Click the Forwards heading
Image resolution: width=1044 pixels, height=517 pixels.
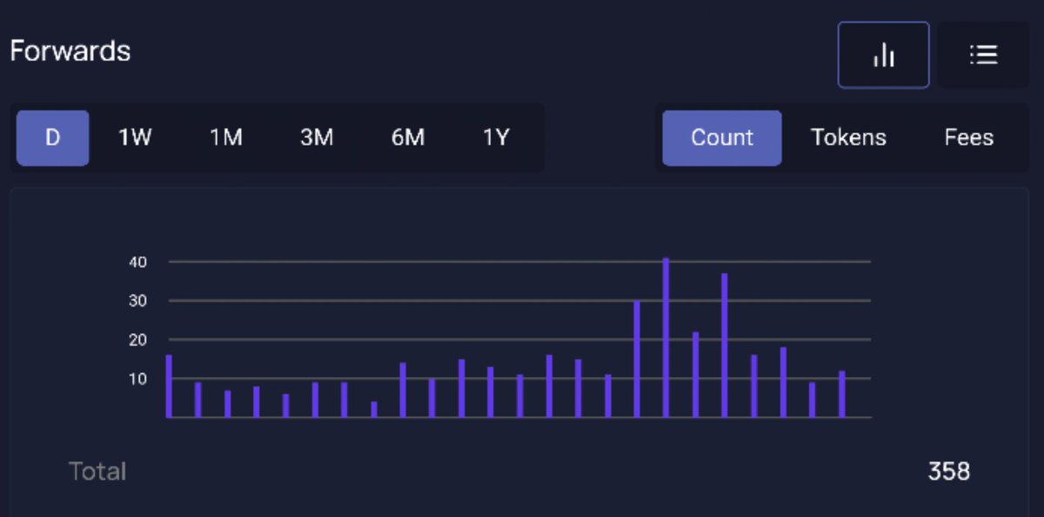pyautogui.click(x=70, y=51)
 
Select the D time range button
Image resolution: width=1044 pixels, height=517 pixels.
pyautogui.click(x=52, y=137)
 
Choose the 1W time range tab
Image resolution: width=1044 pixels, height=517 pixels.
pyautogui.click(x=135, y=137)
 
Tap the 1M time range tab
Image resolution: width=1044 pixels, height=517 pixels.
pyautogui.click(x=225, y=137)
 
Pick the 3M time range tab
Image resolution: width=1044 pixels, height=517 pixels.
pyautogui.click(x=317, y=137)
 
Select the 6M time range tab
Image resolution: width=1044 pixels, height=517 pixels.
pyautogui.click(x=407, y=137)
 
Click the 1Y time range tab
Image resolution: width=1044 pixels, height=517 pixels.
pyautogui.click(x=496, y=137)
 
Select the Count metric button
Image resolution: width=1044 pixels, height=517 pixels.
pyautogui.click(x=722, y=137)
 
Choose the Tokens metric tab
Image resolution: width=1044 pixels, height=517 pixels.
pyautogui.click(x=848, y=137)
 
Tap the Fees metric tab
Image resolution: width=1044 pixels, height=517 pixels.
pyautogui.click(x=969, y=137)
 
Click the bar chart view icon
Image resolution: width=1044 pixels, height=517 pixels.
pyautogui.click(x=884, y=55)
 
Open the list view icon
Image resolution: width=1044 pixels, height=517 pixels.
pyautogui.click(x=983, y=55)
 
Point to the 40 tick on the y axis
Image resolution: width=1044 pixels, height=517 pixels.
pyautogui.click(x=138, y=262)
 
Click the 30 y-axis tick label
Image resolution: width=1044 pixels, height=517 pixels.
pyautogui.click(x=138, y=301)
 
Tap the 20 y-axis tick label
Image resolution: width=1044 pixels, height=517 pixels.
pyautogui.click(x=138, y=340)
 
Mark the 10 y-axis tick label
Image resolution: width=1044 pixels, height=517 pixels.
pyautogui.click(x=138, y=379)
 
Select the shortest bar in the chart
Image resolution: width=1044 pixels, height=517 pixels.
pyautogui.click(x=374, y=409)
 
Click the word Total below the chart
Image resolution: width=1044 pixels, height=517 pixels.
pyautogui.click(x=97, y=472)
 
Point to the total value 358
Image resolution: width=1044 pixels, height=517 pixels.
pyautogui.click(x=948, y=472)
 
